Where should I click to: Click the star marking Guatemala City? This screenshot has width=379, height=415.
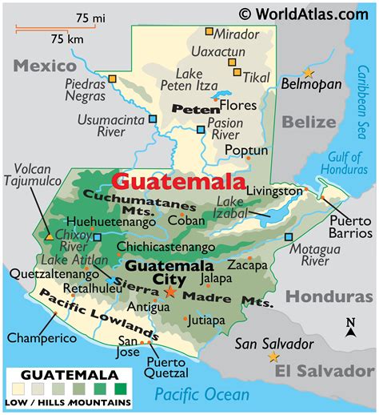tap(170, 292)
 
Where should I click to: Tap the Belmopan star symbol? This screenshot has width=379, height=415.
tap(308, 71)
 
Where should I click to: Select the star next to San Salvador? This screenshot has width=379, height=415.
tap(274, 357)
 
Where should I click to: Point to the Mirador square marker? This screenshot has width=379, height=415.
tap(209, 32)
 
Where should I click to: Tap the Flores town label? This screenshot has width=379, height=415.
tap(239, 105)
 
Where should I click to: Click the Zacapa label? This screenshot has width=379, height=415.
tap(247, 264)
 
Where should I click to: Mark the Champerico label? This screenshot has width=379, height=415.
tap(35, 338)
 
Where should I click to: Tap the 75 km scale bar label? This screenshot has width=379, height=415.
tap(67, 39)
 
